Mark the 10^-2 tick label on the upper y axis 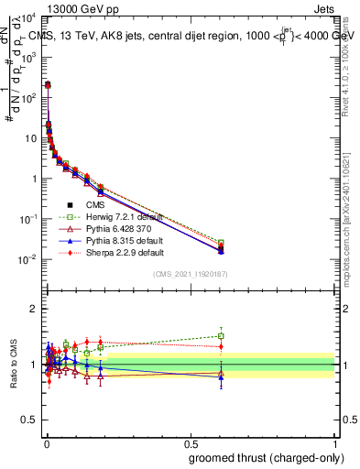[30, 259]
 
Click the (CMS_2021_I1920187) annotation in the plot [190, 274]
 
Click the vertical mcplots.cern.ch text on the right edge [351, 220]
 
